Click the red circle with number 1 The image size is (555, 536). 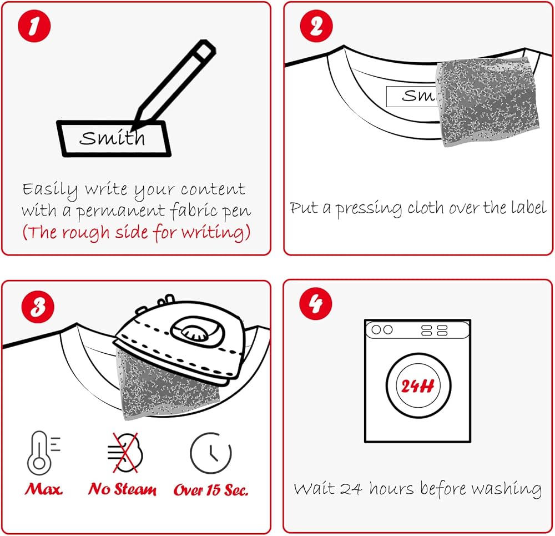[34, 26]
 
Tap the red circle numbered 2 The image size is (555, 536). [316, 26]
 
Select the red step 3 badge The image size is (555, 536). [38, 307]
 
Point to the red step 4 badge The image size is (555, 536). [316, 303]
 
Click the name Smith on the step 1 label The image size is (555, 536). [112, 137]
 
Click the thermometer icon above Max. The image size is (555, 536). [43, 453]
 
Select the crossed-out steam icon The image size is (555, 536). [125, 453]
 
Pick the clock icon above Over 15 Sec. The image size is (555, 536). [210, 453]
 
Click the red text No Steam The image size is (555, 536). [122, 489]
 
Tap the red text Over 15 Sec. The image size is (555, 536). [210, 489]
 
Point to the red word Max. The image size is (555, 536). [43, 489]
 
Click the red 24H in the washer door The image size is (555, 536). [418, 386]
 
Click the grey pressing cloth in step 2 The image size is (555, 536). [488, 102]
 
